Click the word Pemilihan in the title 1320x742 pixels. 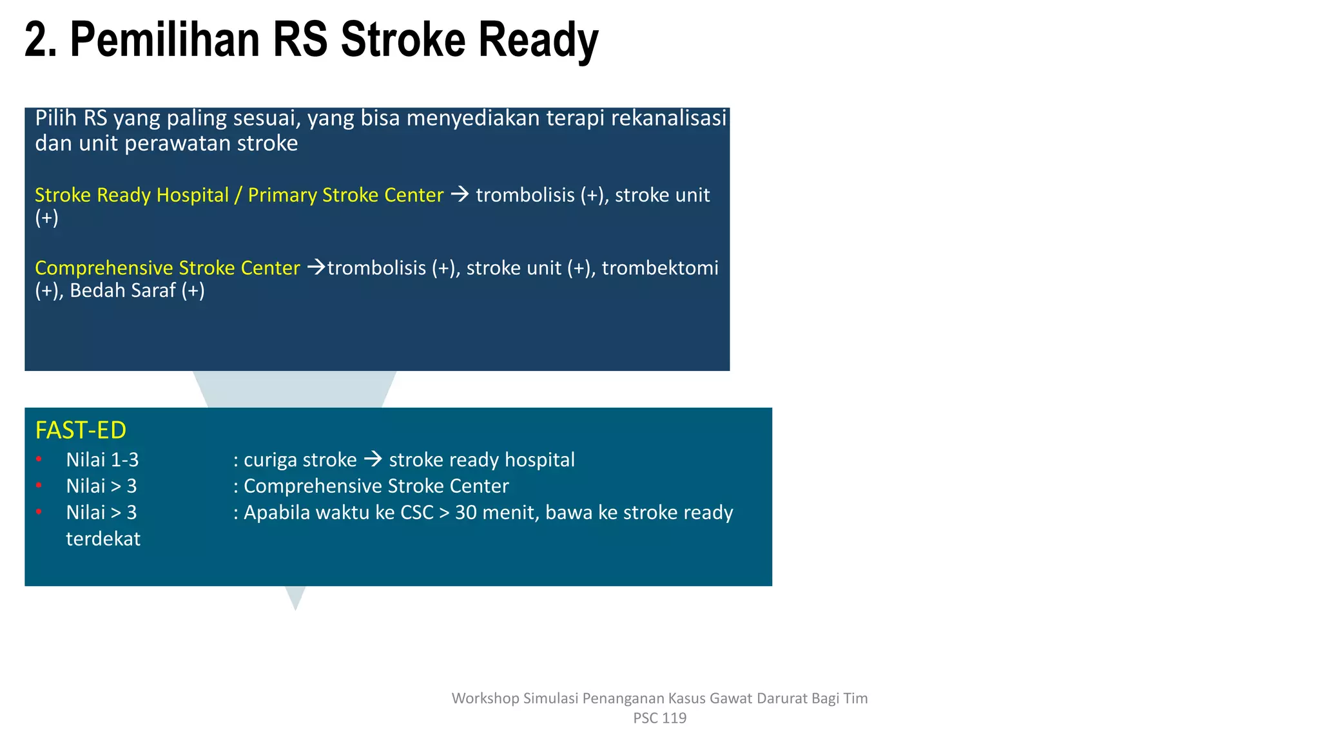click(x=165, y=40)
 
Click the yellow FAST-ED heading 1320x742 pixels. click(x=81, y=430)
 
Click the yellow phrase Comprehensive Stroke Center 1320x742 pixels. click(x=168, y=268)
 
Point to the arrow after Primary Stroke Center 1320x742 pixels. click(x=460, y=194)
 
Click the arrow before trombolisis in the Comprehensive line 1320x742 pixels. click(x=316, y=267)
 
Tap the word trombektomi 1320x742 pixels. click(x=660, y=268)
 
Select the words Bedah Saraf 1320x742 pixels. click(x=122, y=290)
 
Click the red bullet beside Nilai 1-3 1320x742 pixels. click(x=39, y=459)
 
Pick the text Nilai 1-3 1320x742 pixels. click(x=102, y=460)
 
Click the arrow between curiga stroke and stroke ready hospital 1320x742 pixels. click(x=373, y=459)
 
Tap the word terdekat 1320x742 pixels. click(x=103, y=539)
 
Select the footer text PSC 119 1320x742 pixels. click(x=659, y=718)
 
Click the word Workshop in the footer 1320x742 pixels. click(x=485, y=698)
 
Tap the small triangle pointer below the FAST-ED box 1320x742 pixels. click(x=295, y=597)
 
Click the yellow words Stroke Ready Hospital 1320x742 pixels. click(x=131, y=195)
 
